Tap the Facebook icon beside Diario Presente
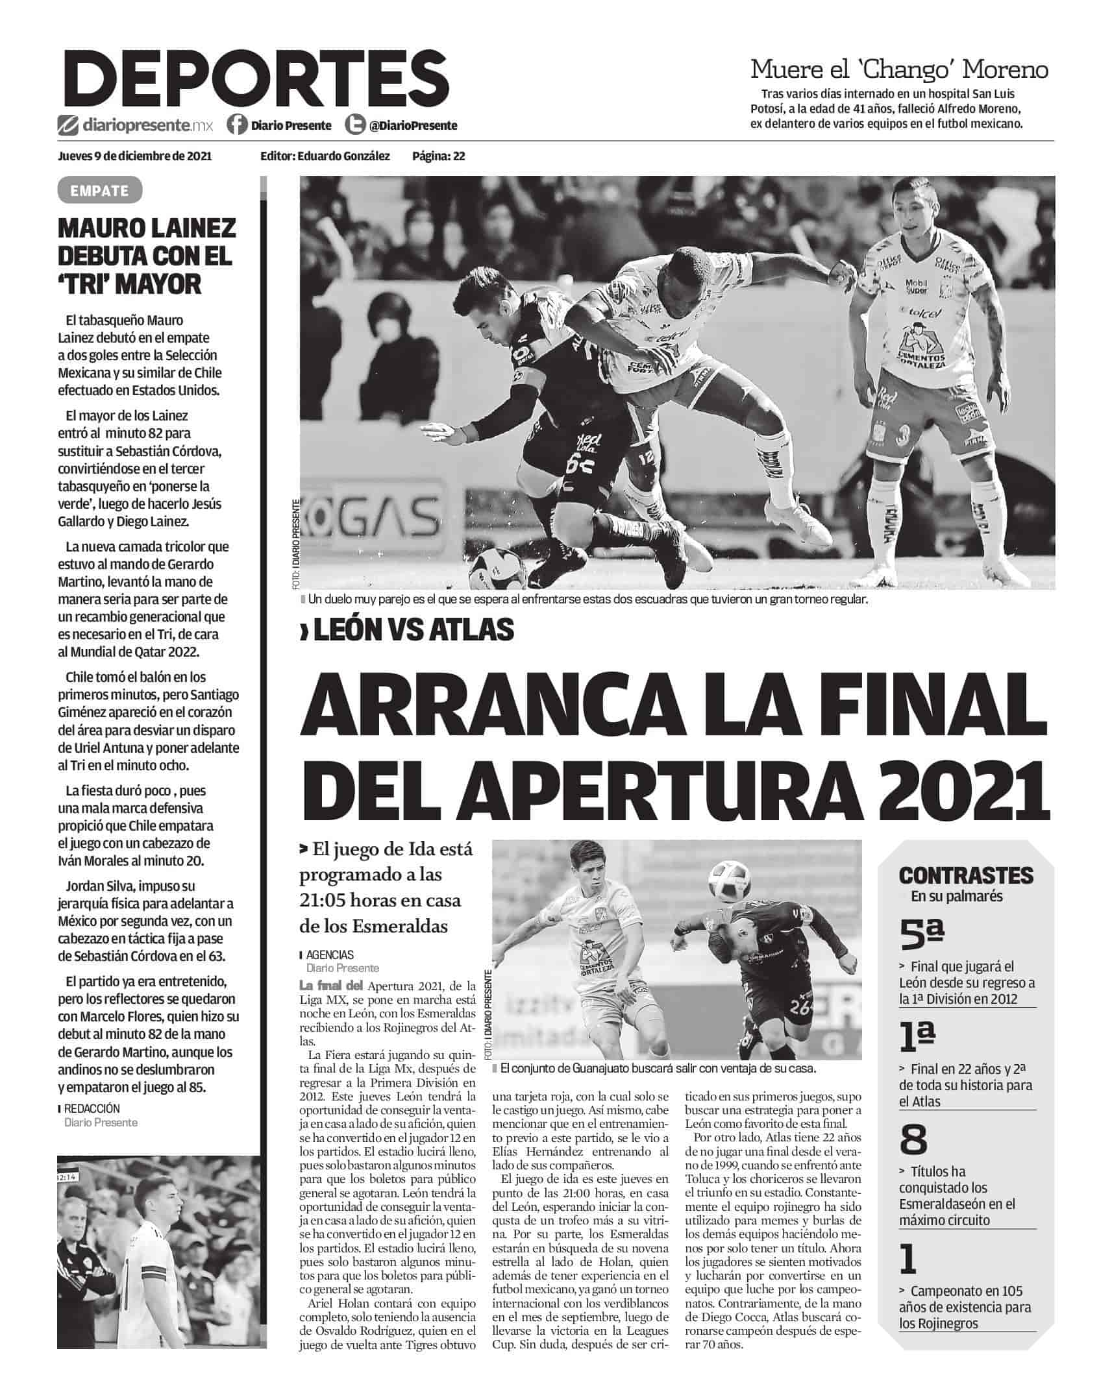point(238,125)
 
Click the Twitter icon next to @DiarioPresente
point(355,125)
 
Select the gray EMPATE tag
point(99,191)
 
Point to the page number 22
point(459,156)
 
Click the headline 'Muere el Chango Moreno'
point(899,69)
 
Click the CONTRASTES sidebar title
point(966,875)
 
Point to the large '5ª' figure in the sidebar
point(921,932)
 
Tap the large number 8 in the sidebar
point(914,1138)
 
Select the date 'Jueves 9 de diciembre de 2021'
point(134,156)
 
